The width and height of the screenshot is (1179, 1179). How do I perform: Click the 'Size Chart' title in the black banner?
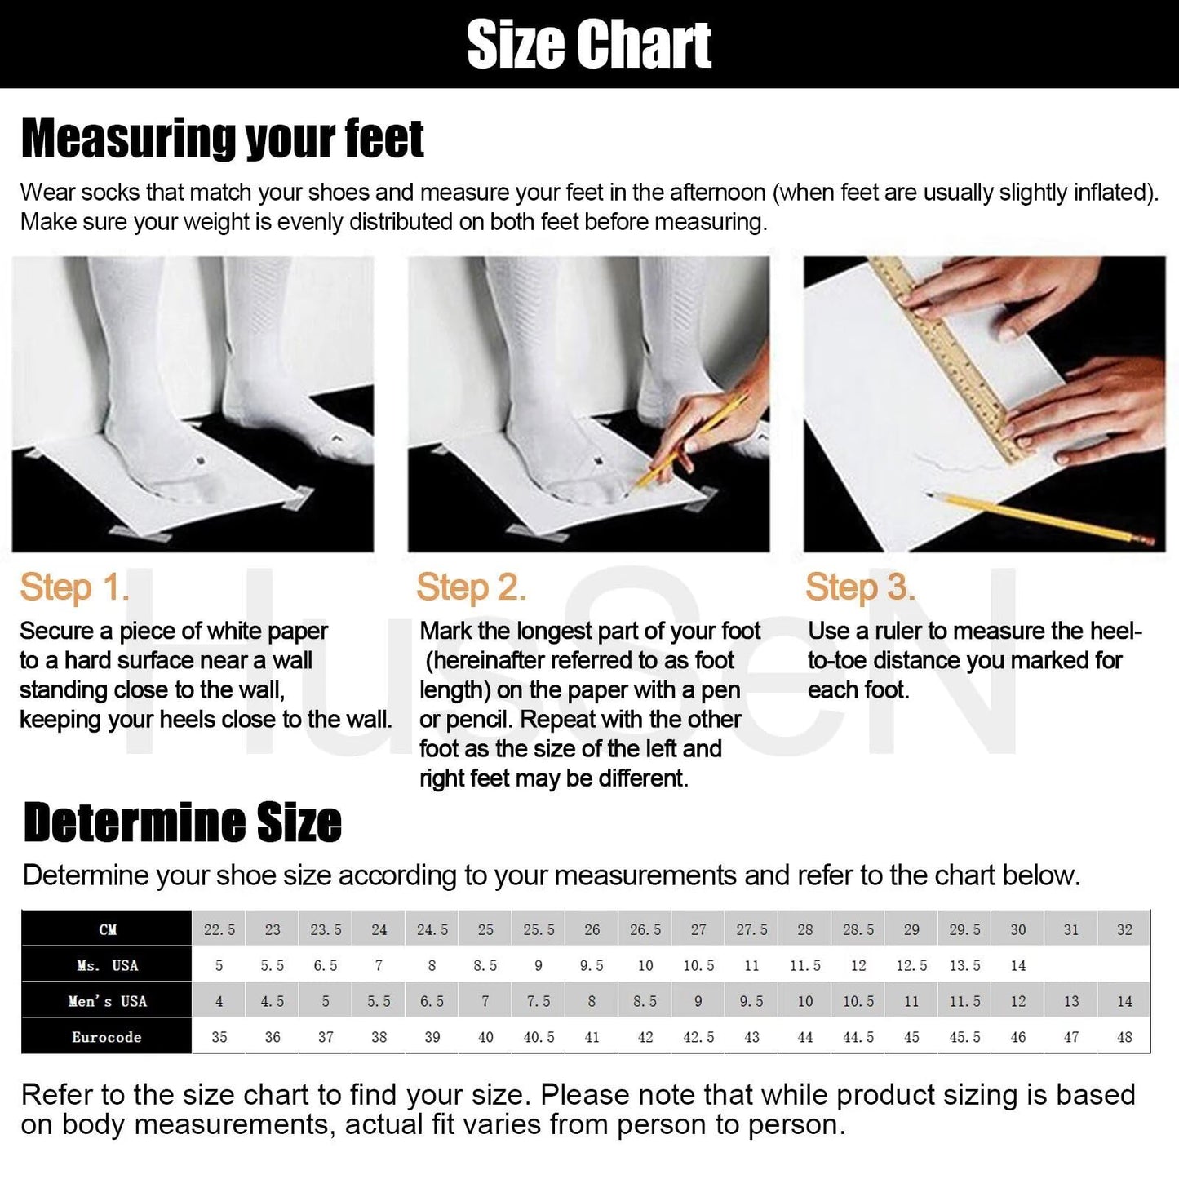click(588, 44)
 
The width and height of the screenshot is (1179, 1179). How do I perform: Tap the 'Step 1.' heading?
click(74, 587)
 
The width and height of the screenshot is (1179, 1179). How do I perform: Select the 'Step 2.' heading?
click(471, 587)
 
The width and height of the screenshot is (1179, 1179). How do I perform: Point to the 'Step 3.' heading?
click(860, 587)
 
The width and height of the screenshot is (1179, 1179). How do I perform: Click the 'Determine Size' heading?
click(182, 822)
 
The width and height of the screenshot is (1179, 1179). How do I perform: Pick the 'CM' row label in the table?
click(108, 930)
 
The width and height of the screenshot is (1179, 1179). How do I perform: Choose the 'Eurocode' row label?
click(106, 1037)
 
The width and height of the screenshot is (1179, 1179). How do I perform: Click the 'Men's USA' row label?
click(108, 1002)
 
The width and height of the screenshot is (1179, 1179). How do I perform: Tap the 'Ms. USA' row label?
click(108, 965)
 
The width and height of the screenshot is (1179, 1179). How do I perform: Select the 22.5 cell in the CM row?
click(219, 930)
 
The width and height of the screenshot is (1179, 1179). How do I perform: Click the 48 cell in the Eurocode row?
click(1124, 1037)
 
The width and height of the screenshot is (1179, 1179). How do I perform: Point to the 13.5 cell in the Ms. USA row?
click(965, 965)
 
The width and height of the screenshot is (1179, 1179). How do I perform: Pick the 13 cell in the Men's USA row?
click(1071, 1002)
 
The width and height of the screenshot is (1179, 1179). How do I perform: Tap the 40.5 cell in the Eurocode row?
click(539, 1037)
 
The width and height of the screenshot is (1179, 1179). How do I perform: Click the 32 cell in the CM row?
click(1124, 930)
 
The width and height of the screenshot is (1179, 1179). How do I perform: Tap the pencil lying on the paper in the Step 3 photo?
click(1040, 517)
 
